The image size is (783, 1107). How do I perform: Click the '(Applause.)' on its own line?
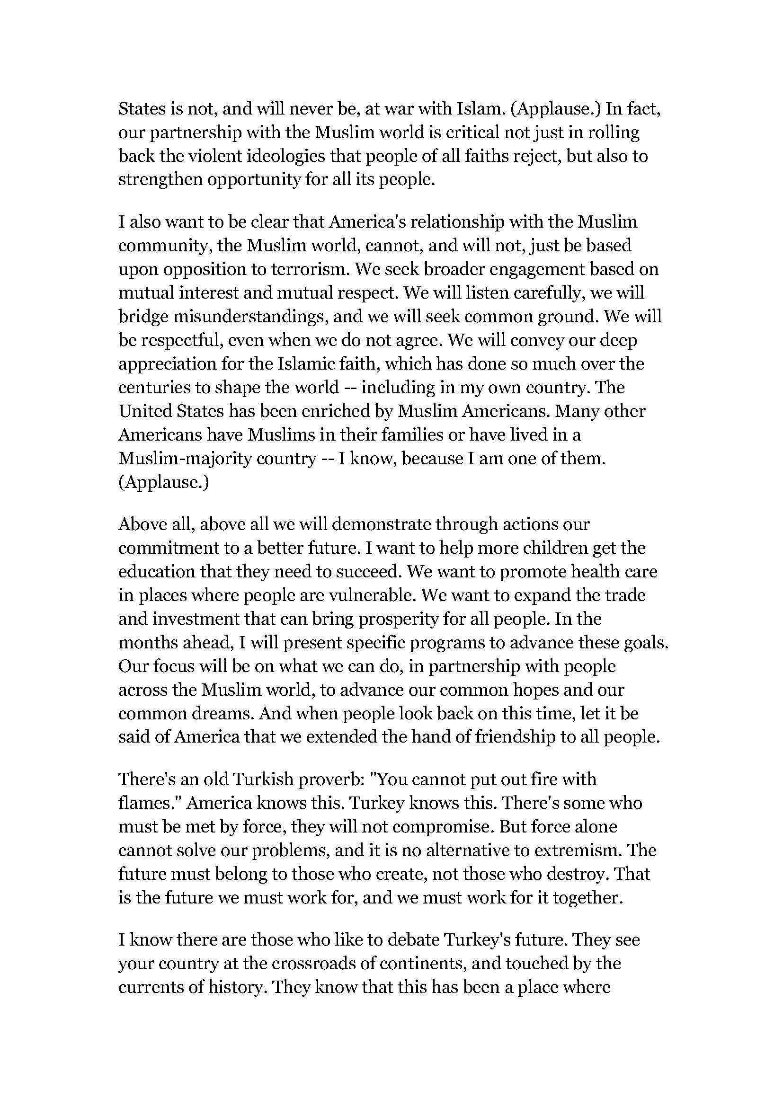(x=163, y=482)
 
